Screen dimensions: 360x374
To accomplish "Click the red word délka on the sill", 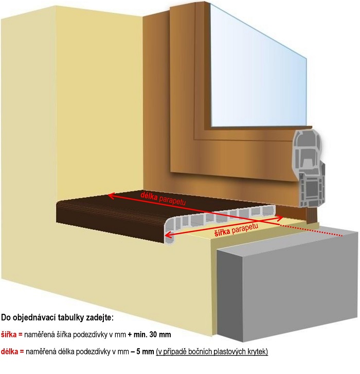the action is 149,196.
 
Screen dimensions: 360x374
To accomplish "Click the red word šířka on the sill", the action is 222,231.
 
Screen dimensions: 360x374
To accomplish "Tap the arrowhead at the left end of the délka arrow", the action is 111,196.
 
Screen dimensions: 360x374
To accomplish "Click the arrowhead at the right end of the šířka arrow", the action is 280,217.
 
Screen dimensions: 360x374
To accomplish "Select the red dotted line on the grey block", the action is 311,230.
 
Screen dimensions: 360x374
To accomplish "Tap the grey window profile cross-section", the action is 309,168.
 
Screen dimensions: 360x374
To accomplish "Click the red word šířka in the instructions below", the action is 9,334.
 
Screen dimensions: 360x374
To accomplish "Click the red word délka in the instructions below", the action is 10,351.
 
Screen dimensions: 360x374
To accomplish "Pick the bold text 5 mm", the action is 145,351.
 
